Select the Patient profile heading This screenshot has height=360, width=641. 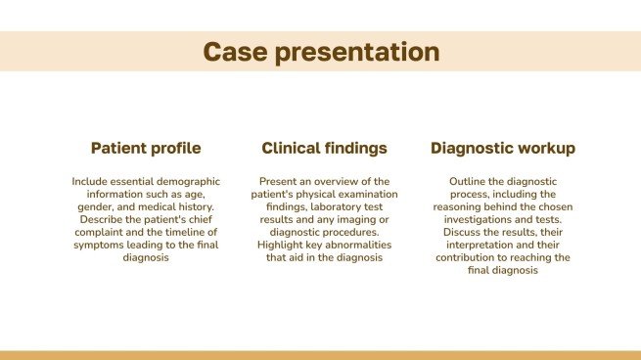pyautogui.click(x=146, y=149)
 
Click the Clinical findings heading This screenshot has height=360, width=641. pyautogui.click(x=324, y=149)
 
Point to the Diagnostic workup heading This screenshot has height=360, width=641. pyautogui.click(x=502, y=149)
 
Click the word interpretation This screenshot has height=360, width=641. pyautogui.click(x=511, y=246)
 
